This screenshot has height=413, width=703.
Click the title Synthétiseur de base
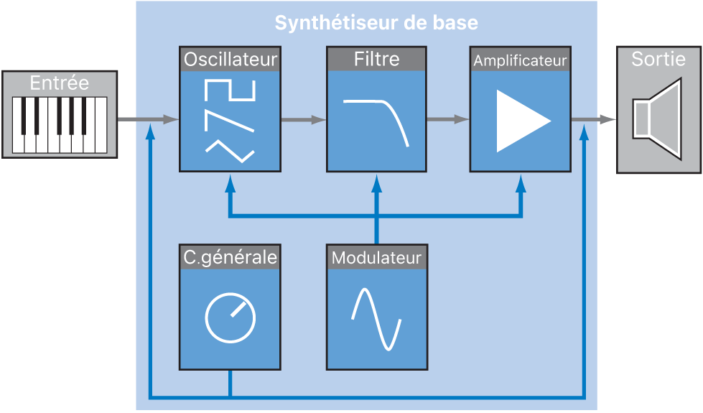click(x=376, y=23)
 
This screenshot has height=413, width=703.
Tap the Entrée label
click(x=60, y=83)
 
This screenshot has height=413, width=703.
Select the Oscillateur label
click(x=230, y=59)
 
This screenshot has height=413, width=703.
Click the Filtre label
click(x=376, y=59)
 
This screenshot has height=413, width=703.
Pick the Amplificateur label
click(x=520, y=60)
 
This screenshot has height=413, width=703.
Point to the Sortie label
click(x=658, y=59)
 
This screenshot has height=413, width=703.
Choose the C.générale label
click(x=230, y=257)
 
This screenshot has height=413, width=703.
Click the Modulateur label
click(x=376, y=257)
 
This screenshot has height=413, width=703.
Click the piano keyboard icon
click(x=60, y=124)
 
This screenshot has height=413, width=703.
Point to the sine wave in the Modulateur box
click(x=376, y=319)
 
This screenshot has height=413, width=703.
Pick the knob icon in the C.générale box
click(x=230, y=318)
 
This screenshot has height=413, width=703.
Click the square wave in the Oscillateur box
click(x=230, y=89)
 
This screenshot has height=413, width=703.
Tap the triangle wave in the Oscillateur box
click(x=230, y=151)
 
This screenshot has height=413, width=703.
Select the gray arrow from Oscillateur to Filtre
click(x=302, y=120)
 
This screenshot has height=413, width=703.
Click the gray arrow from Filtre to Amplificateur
click(x=447, y=120)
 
